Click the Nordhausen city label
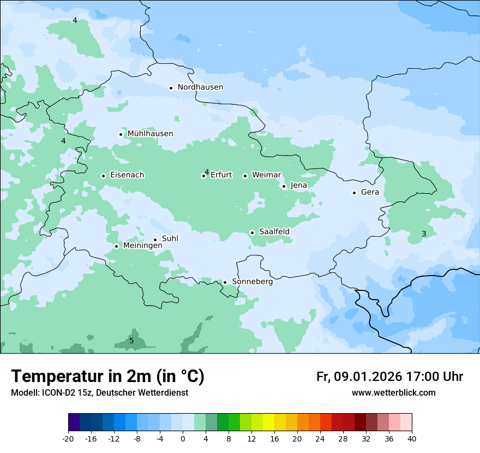click(x=200, y=87)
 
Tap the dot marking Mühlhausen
click(x=121, y=134)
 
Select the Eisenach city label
click(x=127, y=175)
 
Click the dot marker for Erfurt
click(x=203, y=176)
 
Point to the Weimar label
click(x=266, y=175)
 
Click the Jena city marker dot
click(x=284, y=186)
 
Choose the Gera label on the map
click(x=370, y=192)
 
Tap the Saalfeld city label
click(x=274, y=232)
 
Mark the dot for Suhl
click(x=155, y=240)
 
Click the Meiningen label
click(x=142, y=246)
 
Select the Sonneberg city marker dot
click(x=225, y=282)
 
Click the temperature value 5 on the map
click(x=131, y=341)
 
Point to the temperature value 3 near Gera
click(x=424, y=234)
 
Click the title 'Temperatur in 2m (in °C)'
click(x=107, y=377)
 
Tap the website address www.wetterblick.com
click(x=393, y=393)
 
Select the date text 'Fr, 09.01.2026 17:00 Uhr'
click(x=389, y=377)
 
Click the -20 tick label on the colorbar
click(x=68, y=439)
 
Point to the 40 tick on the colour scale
click(x=412, y=439)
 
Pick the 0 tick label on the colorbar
click(x=183, y=439)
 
